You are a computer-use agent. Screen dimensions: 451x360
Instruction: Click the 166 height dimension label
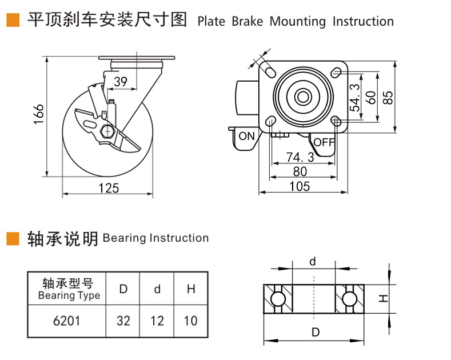click(38, 114)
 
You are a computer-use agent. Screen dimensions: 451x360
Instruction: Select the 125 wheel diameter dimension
click(109, 188)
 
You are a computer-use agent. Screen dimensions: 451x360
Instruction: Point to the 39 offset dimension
click(121, 82)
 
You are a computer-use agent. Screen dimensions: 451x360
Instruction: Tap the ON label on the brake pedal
click(247, 136)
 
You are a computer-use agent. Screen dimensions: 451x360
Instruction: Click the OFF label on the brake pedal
click(324, 142)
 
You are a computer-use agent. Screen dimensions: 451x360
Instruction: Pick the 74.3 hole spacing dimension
click(300, 157)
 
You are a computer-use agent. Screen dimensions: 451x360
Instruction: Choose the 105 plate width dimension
click(300, 186)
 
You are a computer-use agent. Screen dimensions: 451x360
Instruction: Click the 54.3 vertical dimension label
click(355, 98)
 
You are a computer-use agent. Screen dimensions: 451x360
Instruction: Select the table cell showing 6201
click(66, 321)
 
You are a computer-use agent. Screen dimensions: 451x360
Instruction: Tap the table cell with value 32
click(123, 321)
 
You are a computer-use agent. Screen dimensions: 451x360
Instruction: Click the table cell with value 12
click(157, 321)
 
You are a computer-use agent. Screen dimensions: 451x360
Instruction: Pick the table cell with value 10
click(191, 321)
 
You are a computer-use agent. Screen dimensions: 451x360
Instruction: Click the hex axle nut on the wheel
click(107, 131)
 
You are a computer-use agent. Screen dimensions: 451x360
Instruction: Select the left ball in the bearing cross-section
click(278, 299)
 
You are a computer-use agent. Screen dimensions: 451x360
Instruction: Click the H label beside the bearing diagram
click(383, 298)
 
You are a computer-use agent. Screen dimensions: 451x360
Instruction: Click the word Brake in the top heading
click(248, 22)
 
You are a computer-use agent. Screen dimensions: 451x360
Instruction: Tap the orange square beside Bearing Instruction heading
click(13, 239)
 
